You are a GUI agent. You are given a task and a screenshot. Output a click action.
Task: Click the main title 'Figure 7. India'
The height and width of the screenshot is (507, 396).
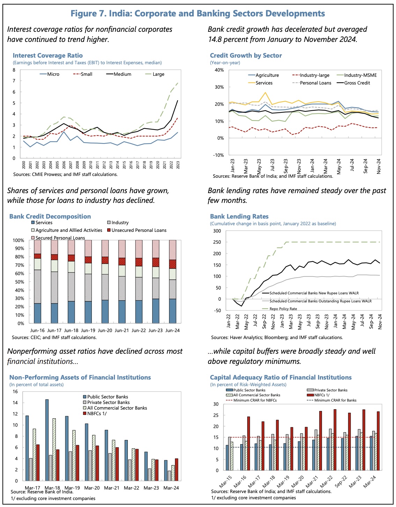pos(198,14)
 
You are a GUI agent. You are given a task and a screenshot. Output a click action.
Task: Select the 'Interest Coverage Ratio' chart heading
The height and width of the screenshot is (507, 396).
pos(48,56)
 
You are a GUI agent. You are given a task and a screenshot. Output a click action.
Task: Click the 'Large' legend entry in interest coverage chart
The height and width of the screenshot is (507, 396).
pos(158,74)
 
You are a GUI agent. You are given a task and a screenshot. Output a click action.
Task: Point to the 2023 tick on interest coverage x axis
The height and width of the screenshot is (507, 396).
pos(178,165)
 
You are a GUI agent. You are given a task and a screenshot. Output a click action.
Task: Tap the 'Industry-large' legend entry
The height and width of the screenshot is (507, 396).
pos(314,75)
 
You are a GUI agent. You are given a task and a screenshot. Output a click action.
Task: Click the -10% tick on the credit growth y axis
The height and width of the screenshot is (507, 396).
pos(219,155)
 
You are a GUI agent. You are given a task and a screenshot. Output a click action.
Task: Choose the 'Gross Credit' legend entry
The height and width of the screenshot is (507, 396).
pos(357,83)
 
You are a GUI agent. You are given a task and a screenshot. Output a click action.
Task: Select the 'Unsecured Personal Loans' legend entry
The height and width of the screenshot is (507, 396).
pos(139,230)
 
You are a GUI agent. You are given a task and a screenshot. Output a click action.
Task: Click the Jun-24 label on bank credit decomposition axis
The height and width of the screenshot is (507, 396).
pos(173,330)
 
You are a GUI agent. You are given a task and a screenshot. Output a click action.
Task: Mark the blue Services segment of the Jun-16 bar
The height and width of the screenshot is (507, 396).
pos(38,313)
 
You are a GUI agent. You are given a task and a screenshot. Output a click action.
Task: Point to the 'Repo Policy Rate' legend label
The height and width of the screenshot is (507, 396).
pos(283,309)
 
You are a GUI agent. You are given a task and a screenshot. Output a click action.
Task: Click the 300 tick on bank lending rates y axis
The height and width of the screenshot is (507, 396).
pos(217,231)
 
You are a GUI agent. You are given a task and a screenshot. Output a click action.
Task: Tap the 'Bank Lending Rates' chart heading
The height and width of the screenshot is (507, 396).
pos(239,216)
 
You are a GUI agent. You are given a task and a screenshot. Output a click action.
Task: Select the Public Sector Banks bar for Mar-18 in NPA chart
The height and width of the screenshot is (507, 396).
pos(47,440)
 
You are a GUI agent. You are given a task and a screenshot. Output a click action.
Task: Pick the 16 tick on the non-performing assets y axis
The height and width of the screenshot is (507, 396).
pos(15,392)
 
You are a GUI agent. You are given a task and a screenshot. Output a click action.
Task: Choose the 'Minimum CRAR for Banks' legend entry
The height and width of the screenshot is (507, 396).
pos(335,401)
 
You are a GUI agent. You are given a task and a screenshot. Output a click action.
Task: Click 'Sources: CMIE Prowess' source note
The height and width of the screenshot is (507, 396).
pos(65,175)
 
